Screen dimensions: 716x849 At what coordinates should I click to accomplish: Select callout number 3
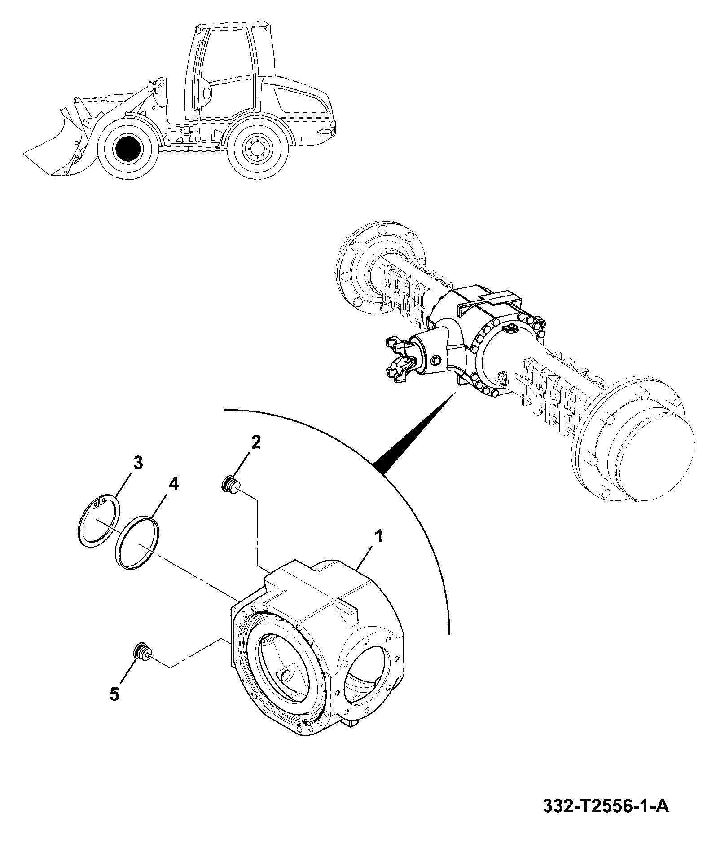[x=138, y=462]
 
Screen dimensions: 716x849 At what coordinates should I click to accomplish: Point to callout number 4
[x=174, y=485]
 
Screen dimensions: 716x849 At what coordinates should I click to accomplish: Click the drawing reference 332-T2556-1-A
[x=606, y=818]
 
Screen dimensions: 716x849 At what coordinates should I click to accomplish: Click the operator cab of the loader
[x=224, y=72]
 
